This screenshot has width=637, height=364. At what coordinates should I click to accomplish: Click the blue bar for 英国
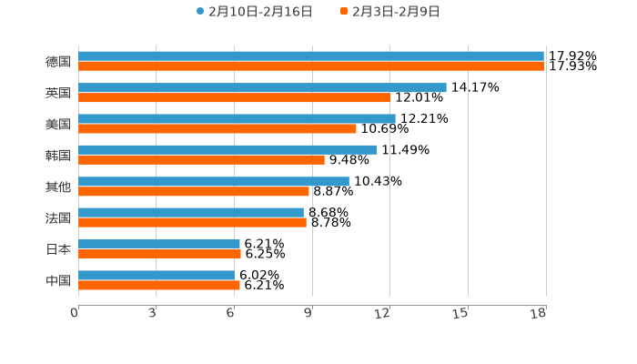[x=262, y=87]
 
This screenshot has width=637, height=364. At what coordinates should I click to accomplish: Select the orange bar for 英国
[x=234, y=97]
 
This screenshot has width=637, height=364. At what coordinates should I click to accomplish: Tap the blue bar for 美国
[x=237, y=118]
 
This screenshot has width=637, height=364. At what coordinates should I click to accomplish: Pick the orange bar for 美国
[x=217, y=128]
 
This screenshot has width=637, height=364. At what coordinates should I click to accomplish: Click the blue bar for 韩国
[x=227, y=149]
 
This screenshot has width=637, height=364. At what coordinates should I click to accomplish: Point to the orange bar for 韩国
[x=201, y=159]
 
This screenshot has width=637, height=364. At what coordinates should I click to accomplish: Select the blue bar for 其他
[x=214, y=181]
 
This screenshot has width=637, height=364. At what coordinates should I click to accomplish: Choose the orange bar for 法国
[x=192, y=222]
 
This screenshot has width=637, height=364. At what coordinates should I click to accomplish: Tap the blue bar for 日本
[x=159, y=244]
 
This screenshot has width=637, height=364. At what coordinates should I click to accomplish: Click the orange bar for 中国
[x=159, y=285]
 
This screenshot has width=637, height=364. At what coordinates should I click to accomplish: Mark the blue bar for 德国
[x=311, y=56]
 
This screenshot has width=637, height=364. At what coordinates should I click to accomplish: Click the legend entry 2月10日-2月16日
[x=255, y=12]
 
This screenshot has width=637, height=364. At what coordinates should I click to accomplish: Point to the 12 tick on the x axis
[x=383, y=313]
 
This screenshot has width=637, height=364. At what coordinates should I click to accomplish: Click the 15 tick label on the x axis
[x=460, y=313]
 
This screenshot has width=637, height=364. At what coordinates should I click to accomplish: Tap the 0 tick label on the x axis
[x=75, y=313]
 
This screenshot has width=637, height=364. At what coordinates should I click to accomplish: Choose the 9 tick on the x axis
[x=308, y=313]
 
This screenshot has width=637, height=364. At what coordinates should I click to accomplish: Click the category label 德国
[x=58, y=62]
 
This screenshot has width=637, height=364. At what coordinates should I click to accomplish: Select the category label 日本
[x=58, y=249]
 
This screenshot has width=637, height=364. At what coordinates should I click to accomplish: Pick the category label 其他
[x=58, y=187]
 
